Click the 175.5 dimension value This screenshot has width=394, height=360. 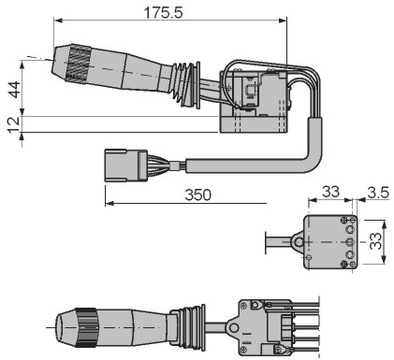[163, 13]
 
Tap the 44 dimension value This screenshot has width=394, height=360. [14, 90]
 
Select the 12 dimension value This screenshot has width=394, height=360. [14, 124]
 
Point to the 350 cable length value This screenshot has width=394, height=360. [198, 194]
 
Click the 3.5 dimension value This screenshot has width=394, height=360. [378, 193]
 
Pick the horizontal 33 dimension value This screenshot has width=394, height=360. [330, 192]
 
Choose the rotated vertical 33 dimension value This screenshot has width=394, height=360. [376, 241]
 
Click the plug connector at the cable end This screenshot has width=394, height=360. [126, 166]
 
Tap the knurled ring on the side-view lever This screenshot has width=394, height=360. [78, 65]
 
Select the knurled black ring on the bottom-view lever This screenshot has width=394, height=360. [85, 327]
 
